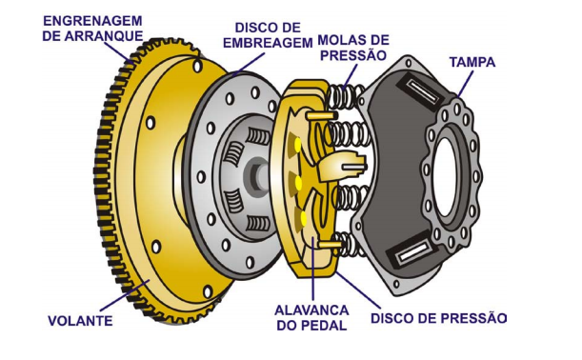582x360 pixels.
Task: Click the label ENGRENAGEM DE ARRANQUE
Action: coord(92,29)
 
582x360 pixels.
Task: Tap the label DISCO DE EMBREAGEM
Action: coord(268,35)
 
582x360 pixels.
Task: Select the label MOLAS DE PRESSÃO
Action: coord(353,48)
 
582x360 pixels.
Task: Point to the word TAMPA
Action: coord(472,62)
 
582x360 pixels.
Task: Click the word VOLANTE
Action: coord(80,321)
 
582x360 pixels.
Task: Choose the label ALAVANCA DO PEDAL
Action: coord(311,318)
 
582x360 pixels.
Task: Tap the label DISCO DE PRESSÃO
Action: coord(439,318)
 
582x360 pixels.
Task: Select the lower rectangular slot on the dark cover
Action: coord(413,252)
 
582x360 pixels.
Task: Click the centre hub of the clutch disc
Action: coord(259,172)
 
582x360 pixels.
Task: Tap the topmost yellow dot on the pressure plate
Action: coord(298,145)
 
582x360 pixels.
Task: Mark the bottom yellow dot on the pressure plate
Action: coord(303,218)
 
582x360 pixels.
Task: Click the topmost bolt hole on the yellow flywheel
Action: coord(198,67)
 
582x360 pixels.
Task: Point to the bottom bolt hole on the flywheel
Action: coord(208,291)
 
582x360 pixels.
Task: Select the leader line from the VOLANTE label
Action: coord(125,296)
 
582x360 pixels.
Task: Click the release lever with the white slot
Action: coord(341,167)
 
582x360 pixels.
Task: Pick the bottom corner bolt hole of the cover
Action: coord(397,285)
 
